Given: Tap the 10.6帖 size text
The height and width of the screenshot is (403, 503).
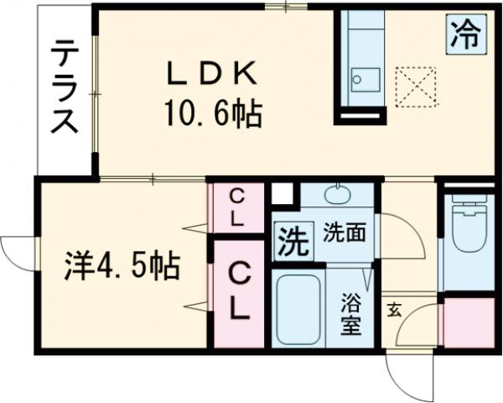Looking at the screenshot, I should click(x=210, y=113).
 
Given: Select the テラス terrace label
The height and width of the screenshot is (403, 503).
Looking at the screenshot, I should click(x=62, y=87).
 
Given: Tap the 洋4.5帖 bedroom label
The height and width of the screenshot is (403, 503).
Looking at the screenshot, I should click(x=122, y=266).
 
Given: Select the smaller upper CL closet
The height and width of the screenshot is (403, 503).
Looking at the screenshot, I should click(x=237, y=209).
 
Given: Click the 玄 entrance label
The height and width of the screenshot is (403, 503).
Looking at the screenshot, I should click(x=393, y=308).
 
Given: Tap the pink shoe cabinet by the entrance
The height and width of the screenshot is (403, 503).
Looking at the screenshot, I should click(x=467, y=321).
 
